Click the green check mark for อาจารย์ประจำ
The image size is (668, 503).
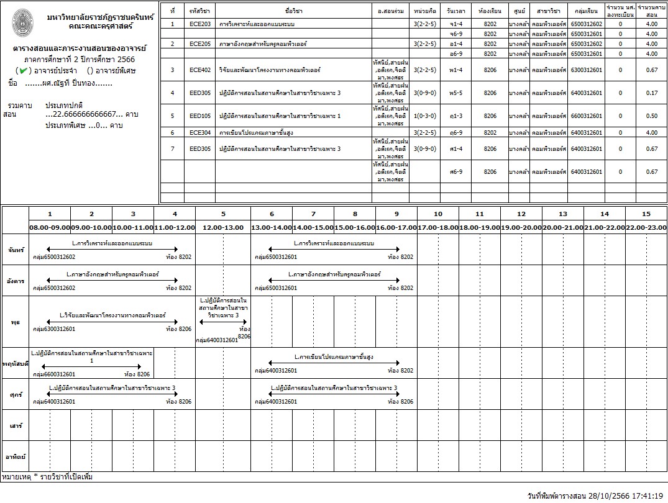point(23,71)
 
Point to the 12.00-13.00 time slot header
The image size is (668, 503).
point(223,227)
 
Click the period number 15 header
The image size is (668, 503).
point(646,214)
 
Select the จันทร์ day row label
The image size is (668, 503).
point(17,250)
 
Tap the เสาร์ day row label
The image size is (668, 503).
point(17,426)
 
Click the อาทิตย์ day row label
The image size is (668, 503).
point(16,457)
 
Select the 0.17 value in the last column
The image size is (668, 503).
point(651,93)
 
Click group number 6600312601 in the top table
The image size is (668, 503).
point(586,116)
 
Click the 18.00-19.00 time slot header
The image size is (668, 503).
point(480,227)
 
